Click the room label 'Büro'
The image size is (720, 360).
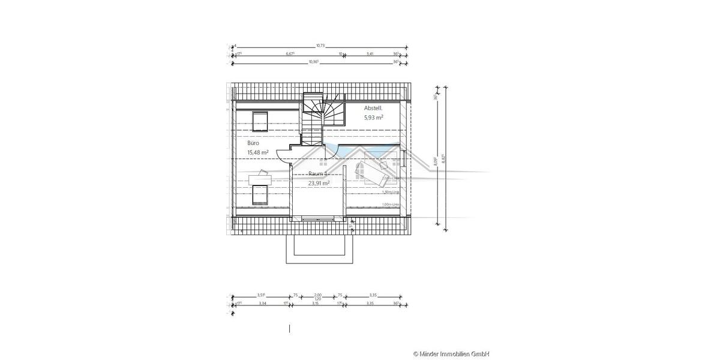point(253,144)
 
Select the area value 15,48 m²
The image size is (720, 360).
point(258,153)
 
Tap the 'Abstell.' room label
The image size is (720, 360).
point(373,108)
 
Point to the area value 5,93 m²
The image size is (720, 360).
point(373,118)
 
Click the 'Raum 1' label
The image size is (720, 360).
point(319,174)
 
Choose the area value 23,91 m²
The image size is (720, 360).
point(319,184)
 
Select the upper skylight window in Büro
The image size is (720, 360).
point(260,121)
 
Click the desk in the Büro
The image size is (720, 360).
point(260,178)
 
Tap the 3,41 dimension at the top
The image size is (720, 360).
point(370,53)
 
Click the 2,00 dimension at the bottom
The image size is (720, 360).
point(318,295)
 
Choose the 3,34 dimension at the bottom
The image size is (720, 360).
point(262,304)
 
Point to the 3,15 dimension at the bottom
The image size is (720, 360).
point(316,304)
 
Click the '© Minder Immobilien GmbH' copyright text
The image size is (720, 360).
point(451,354)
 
